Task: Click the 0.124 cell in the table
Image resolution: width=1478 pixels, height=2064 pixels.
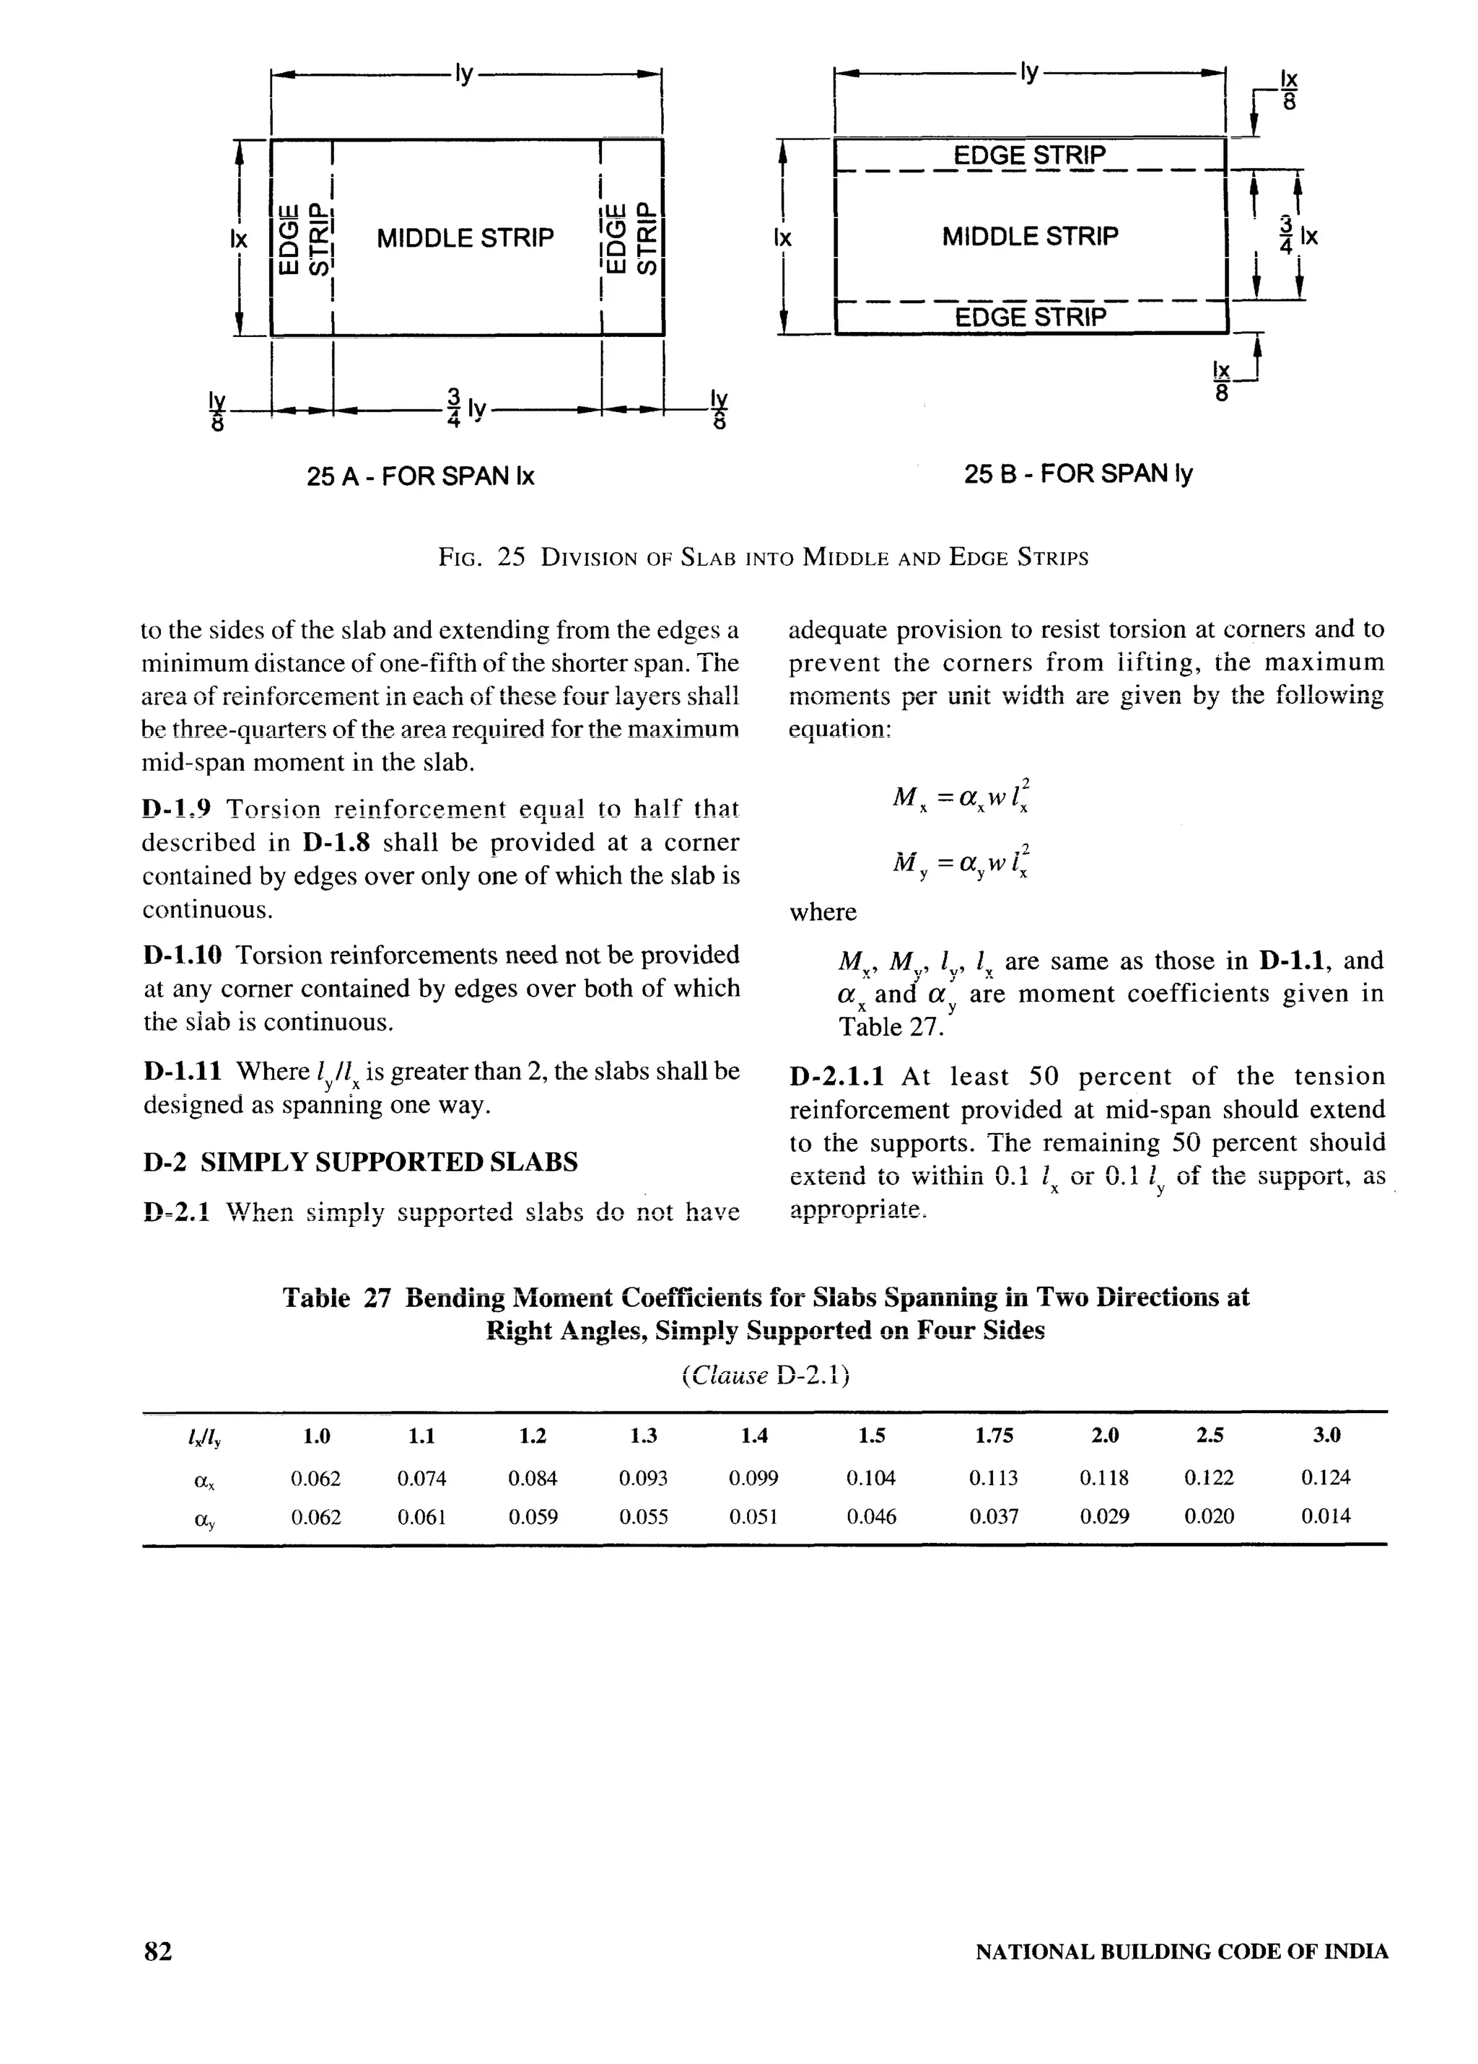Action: point(1325,1477)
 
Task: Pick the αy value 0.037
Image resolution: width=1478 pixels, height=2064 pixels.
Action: point(993,1516)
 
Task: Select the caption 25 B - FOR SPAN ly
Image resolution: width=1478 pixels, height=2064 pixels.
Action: point(1077,473)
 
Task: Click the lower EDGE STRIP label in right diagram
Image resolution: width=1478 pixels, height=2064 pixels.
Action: point(1031,317)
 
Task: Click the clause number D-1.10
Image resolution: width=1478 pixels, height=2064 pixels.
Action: point(182,956)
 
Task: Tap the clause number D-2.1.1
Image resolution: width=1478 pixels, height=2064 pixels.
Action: point(836,1077)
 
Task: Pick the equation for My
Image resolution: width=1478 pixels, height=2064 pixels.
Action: point(961,861)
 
